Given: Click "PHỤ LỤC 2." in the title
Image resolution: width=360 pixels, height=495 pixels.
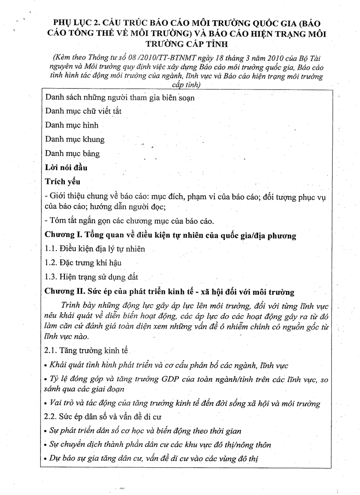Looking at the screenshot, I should (x=75, y=22).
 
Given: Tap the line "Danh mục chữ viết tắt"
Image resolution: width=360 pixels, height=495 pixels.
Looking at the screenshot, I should (x=83, y=111).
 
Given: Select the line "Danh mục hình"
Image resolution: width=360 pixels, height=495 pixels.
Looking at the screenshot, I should (x=72, y=125).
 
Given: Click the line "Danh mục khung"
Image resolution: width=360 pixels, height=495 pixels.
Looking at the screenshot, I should (x=75, y=139).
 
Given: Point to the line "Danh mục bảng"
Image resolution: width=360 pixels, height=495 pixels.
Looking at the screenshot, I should (x=73, y=153).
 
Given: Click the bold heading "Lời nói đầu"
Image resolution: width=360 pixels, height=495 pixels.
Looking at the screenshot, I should (x=66, y=167).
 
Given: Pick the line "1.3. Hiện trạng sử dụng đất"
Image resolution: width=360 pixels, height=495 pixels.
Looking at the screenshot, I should (x=92, y=277).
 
